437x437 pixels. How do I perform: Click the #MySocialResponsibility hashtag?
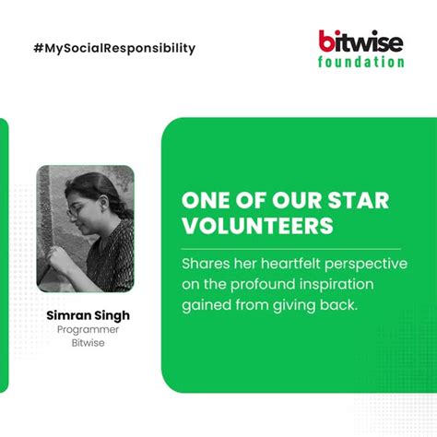point(112,48)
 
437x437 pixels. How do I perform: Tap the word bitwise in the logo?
point(361,41)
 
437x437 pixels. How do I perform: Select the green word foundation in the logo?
point(360,63)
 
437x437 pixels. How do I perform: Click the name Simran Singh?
point(89,315)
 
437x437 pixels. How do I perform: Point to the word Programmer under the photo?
point(89,329)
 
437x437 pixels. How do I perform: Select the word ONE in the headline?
point(203,201)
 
